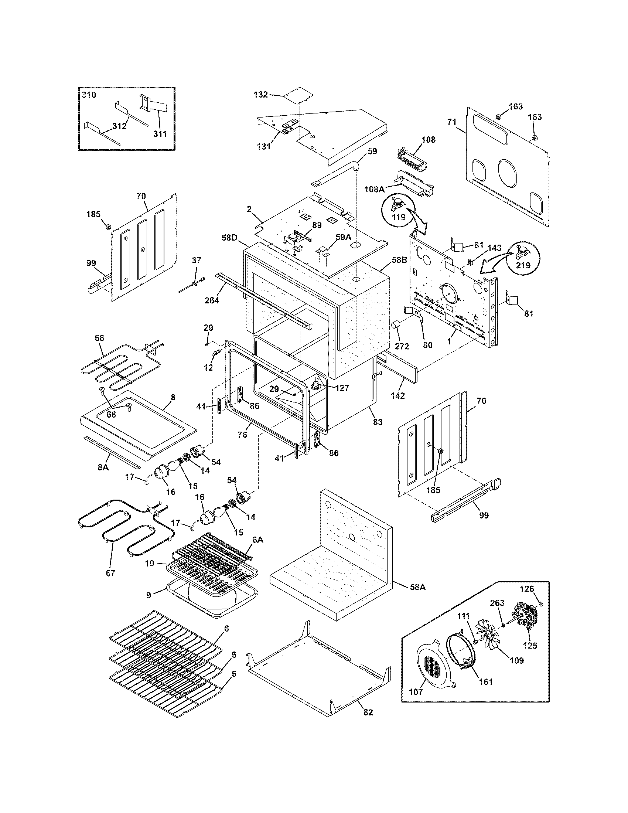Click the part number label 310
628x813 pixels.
[89, 95]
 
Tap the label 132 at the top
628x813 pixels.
[260, 95]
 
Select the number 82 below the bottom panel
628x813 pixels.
[368, 712]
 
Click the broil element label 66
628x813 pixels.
[99, 338]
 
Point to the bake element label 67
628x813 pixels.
[110, 573]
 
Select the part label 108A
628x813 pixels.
[375, 189]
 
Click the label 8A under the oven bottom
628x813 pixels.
[103, 467]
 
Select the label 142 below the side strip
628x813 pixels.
[397, 396]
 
